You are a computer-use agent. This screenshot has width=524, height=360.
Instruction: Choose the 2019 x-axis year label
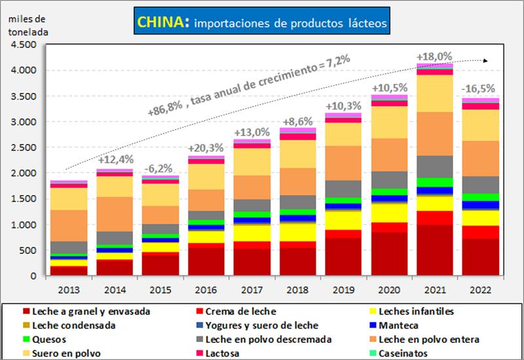click(x=342, y=289)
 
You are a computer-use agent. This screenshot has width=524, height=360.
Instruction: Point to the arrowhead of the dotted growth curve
click(x=485, y=60)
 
